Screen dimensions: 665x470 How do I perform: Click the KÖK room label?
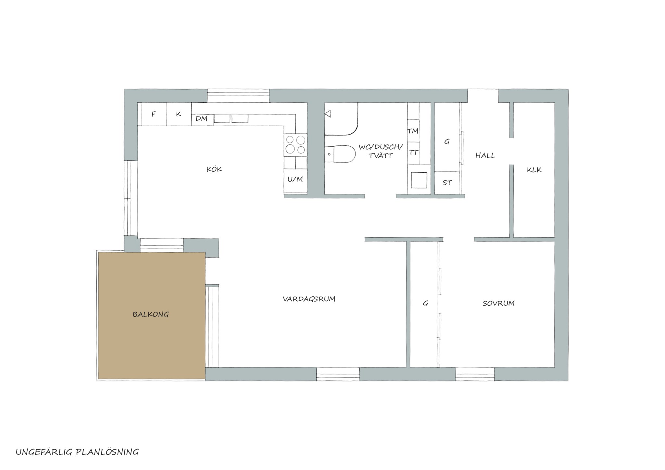pyautogui.click(x=214, y=169)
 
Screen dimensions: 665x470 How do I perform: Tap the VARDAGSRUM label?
pyautogui.click(x=309, y=299)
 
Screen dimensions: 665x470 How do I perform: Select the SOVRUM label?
pyautogui.click(x=498, y=303)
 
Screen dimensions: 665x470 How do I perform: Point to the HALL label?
pyautogui.click(x=485, y=155)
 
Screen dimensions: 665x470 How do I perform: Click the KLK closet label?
pyautogui.click(x=534, y=169)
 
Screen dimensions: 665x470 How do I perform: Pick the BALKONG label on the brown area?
pyautogui.click(x=151, y=314)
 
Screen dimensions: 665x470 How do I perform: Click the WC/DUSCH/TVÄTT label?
pyautogui.click(x=381, y=151)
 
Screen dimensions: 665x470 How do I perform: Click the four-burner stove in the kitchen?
pyautogui.click(x=295, y=145)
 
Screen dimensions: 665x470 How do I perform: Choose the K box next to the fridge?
pyautogui.click(x=179, y=114)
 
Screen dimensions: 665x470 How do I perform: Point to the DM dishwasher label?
pyautogui.click(x=201, y=119)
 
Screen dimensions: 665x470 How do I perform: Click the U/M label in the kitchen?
pyautogui.click(x=295, y=179)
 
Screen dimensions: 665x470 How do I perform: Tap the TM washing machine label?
pyautogui.click(x=413, y=131)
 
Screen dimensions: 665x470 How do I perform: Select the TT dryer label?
pyautogui.click(x=413, y=152)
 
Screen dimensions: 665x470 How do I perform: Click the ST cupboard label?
pyautogui.click(x=447, y=183)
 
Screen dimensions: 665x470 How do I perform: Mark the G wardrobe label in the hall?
pyautogui.click(x=447, y=142)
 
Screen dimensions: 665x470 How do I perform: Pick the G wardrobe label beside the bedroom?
pyautogui.click(x=425, y=303)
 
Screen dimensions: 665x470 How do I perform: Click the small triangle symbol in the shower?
pyautogui.click(x=328, y=114)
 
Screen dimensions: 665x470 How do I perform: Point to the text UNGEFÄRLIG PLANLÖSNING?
pyautogui.click(x=77, y=452)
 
